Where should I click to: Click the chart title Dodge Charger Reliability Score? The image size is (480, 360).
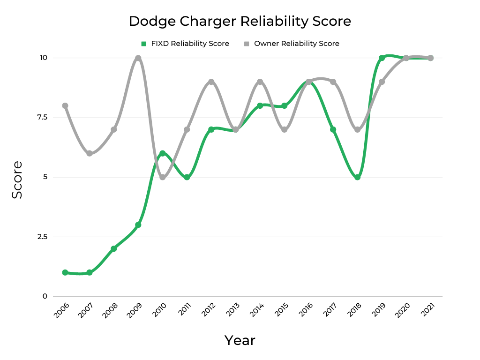[x=240, y=21]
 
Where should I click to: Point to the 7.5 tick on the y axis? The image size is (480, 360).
[x=42, y=117]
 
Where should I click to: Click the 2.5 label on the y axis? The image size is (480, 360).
[x=42, y=237]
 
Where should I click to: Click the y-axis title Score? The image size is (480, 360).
[x=17, y=180]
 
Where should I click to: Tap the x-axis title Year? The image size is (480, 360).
[x=240, y=340]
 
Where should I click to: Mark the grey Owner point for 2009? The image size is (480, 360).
[x=138, y=58]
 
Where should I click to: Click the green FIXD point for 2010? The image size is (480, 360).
[x=163, y=153]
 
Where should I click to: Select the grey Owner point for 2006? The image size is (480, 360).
[x=65, y=106]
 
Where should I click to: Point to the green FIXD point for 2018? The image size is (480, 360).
[x=358, y=177]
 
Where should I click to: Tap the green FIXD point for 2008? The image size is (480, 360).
[x=114, y=248]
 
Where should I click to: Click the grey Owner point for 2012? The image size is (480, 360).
[x=211, y=82]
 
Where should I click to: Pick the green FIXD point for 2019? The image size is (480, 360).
[x=382, y=58]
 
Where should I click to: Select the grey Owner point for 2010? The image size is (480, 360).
[x=163, y=177]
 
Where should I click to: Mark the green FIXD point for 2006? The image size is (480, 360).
[x=65, y=272]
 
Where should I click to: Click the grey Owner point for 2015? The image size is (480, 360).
[x=285, y=129]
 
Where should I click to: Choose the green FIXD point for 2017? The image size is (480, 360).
[x=333, y=129]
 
